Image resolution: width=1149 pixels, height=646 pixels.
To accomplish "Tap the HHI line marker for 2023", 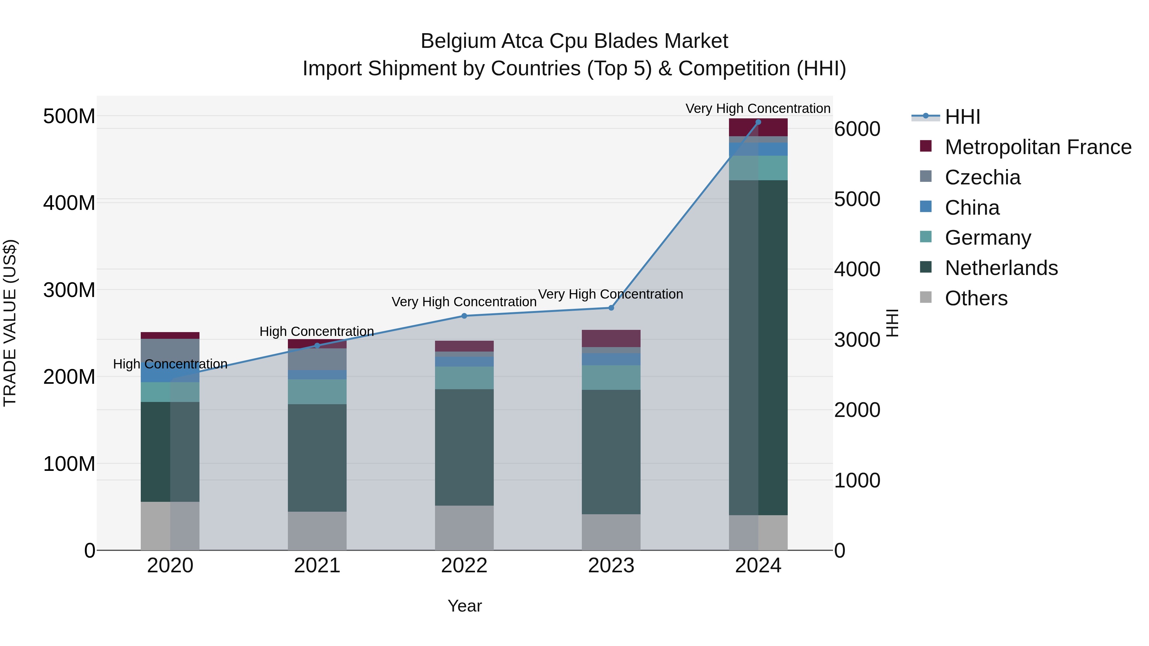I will pos(611,308).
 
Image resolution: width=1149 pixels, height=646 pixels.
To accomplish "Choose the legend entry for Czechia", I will pos(982,177).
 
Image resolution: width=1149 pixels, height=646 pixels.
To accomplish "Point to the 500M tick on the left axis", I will pos(69,116).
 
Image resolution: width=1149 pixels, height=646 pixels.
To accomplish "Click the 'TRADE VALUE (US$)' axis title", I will pos(10,323).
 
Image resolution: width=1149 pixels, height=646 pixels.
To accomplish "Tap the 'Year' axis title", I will pos(464,606).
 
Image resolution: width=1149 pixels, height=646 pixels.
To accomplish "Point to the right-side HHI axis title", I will pos(892,323).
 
